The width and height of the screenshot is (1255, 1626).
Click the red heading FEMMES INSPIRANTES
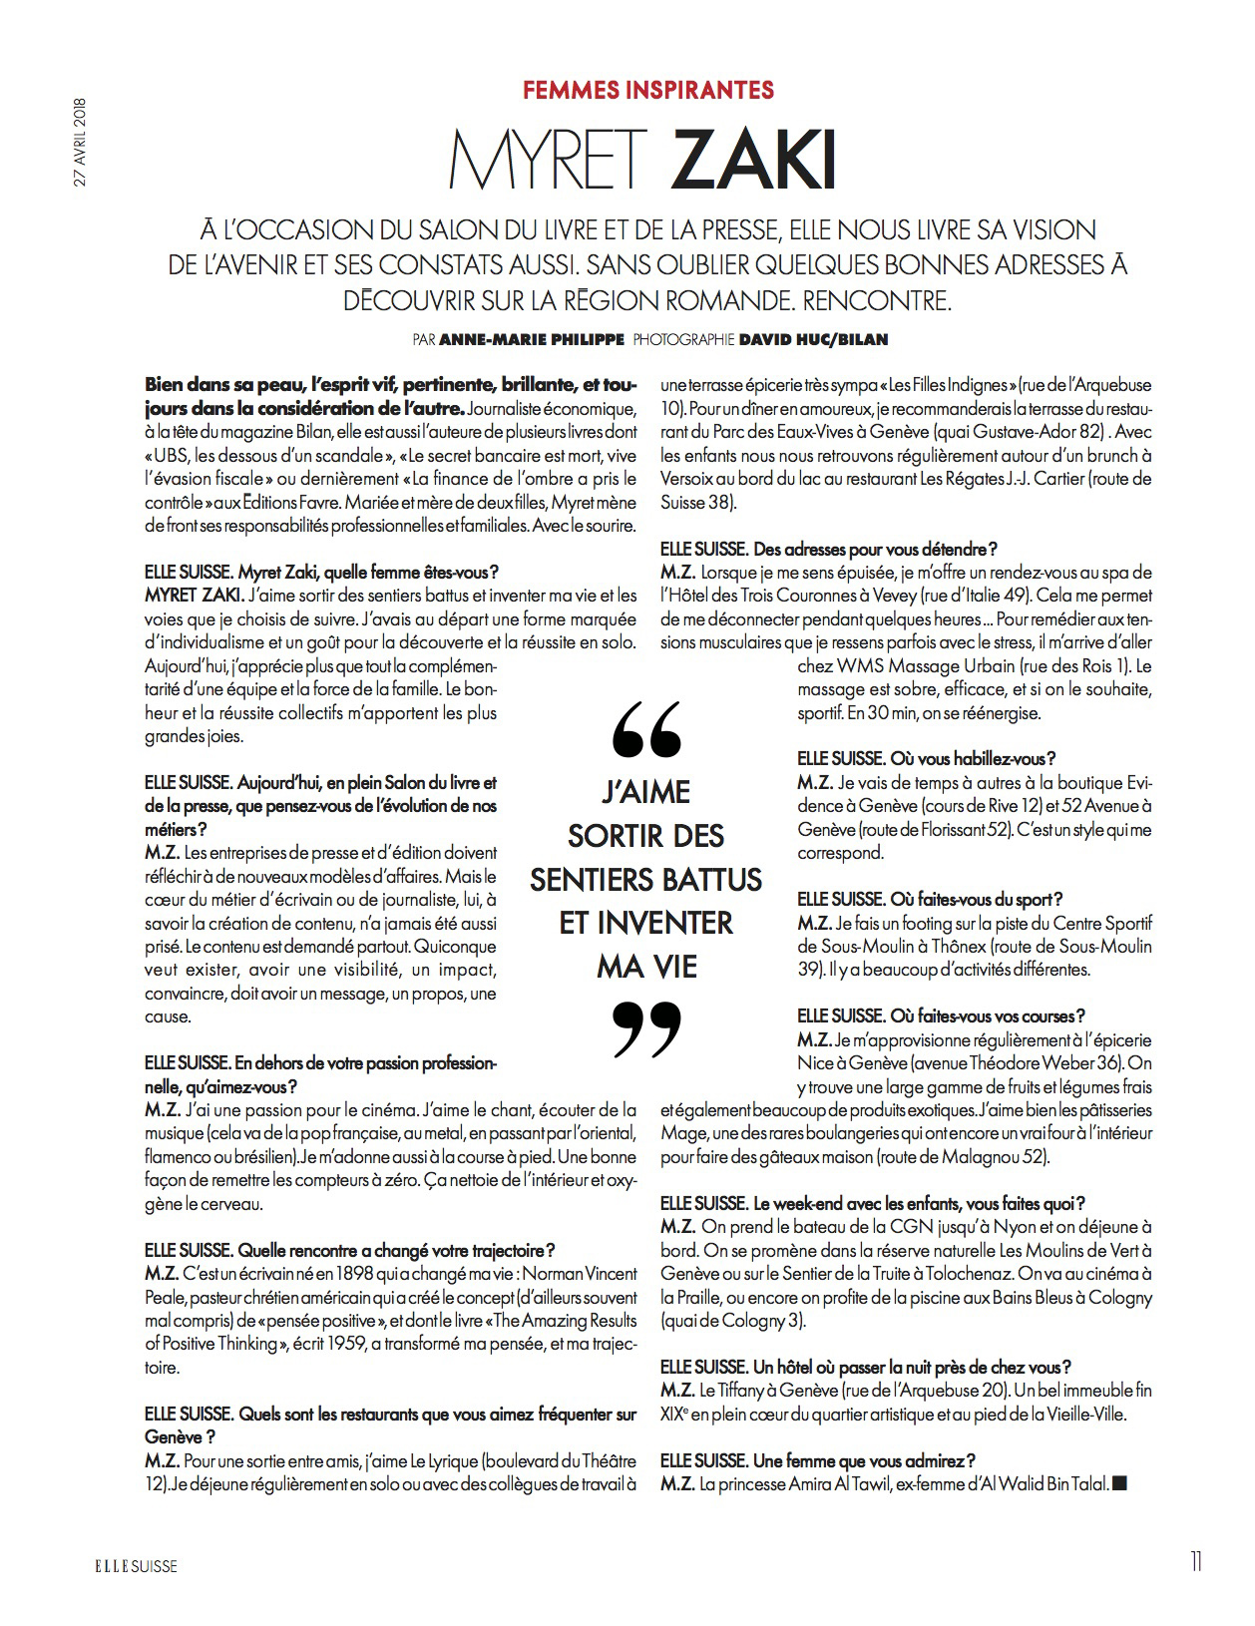(x=648, y=90)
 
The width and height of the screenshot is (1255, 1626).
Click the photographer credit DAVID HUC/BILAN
(x=813, y=340)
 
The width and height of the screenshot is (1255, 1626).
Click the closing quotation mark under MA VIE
(x=645, y=1028)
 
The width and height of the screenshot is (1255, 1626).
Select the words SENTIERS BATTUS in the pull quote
(x=645, y=879)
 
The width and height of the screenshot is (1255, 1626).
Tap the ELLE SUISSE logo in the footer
(x=129, y=1566)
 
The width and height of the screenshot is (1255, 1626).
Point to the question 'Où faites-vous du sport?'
(x=930, y=899)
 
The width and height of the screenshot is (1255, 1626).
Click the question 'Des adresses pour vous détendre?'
(x=829, y=549)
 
